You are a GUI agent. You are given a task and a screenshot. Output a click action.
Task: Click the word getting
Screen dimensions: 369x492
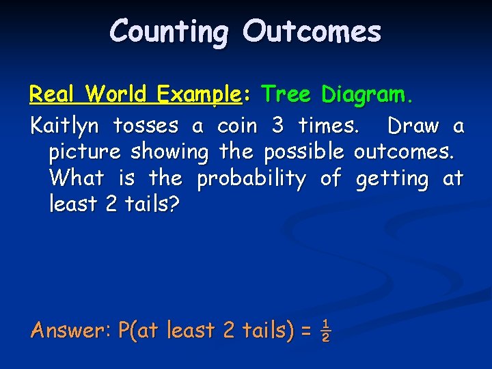click(392, 179)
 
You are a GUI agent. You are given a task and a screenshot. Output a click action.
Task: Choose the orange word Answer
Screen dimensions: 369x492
click(67, 331)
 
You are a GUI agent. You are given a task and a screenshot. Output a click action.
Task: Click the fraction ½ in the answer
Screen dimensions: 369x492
click(326, 331)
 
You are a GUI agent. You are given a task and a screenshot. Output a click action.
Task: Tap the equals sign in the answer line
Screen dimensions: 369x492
click(305, 332)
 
